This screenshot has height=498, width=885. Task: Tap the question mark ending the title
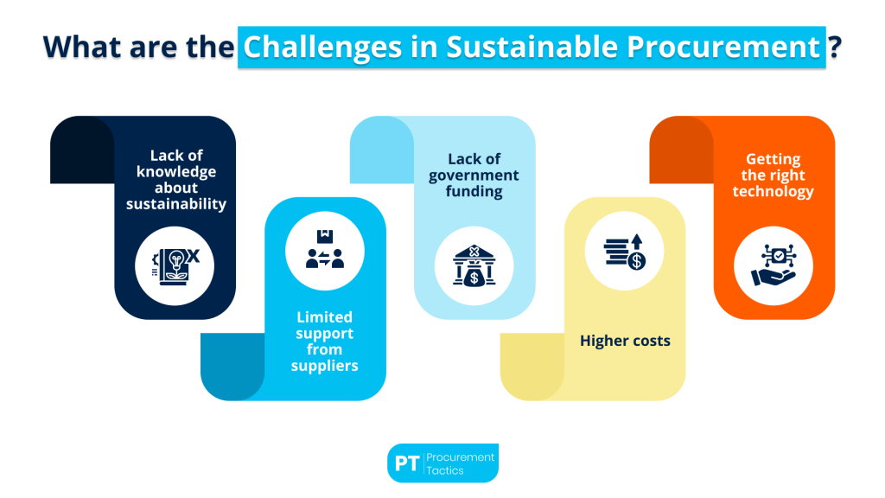835,48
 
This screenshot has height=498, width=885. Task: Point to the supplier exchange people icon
324,247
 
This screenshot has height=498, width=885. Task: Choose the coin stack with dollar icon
625,247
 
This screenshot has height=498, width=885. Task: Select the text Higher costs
625,341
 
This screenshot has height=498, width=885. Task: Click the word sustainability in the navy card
176,204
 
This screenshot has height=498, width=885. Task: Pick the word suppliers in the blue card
325,365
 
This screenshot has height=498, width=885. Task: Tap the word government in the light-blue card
474,176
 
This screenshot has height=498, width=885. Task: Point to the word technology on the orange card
774,191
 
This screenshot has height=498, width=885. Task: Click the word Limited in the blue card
324,317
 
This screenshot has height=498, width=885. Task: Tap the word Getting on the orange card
774,159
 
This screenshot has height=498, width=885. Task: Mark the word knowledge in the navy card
176,171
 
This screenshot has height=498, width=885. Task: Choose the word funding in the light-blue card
474,191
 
